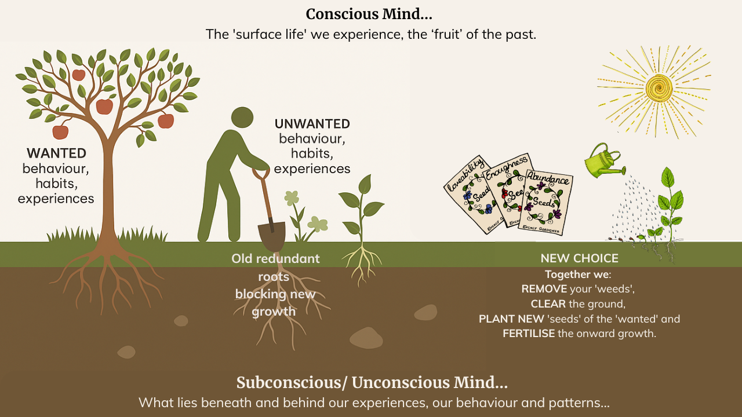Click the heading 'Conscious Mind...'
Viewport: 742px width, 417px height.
pyautogui.click(x=369, y=14)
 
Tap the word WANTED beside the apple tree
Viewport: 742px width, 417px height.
pyautogui.click(x=56, y=153)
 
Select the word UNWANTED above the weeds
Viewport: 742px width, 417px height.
pyautogui.click(x=312, y=124)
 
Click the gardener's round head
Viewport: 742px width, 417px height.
pyautogui.click(x=242, y=118)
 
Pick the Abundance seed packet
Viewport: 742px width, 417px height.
pyautogui.click(x=545, y=202)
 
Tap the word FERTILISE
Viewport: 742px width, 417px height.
pyautogui.click(x=528, y=334)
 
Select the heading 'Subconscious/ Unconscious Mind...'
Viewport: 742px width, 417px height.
pyautogui.click(x=372, y=383)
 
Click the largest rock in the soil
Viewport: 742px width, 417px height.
pyautogui.click(x=366, y=338)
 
